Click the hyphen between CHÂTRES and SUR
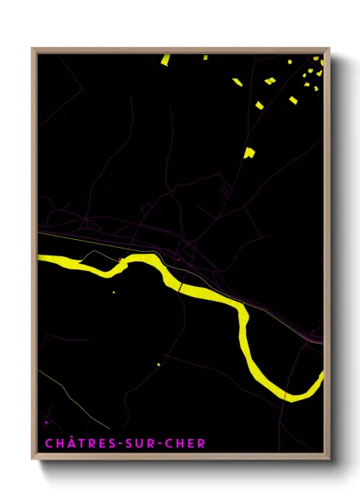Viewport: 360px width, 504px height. click(113, 444)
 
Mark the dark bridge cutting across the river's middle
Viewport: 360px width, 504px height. click(181, 286)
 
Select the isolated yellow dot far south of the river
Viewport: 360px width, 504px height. click(159, 364)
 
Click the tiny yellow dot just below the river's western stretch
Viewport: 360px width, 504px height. click(113, 292)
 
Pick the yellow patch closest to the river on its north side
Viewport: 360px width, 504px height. click(249, 153)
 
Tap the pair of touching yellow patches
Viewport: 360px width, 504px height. click(269, 81)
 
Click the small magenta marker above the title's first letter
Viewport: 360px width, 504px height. click(46, 422)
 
